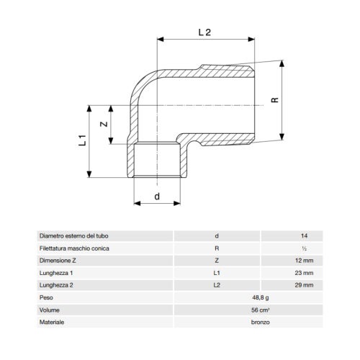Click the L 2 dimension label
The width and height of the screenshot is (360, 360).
(204, 32)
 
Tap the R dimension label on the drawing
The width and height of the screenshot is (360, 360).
(275, 100)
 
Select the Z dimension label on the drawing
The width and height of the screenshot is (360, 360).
(104, 124)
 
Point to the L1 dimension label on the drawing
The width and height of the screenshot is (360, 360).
(82, 140)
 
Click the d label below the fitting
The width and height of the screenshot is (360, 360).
(157, 197)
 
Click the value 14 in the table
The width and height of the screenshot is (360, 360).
(304, 236)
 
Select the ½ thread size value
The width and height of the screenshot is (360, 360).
(304, 248)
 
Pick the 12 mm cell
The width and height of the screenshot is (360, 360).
(304, 261)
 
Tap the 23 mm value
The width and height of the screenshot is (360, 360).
(304, 273)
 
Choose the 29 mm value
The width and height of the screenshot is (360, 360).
(304, 285)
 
